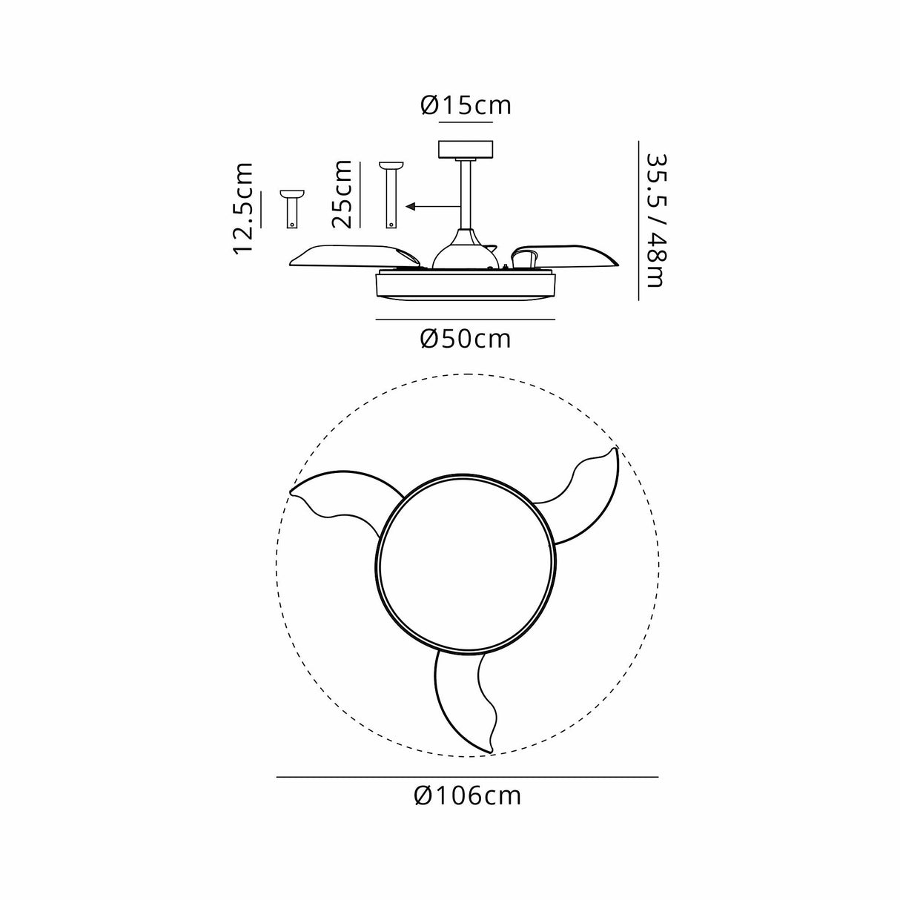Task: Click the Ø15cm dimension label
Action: [x=466, y=105]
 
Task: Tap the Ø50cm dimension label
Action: [x=466, y=339]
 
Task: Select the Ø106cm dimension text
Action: [x=468, y=795]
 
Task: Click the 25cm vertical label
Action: [x=343, y=194]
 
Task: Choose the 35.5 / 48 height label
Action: [x=656, y=220]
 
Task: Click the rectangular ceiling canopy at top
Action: [x=466, y=149]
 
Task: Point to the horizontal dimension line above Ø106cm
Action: [x=467, y=776]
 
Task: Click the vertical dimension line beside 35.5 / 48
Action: [x=638, y=220]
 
